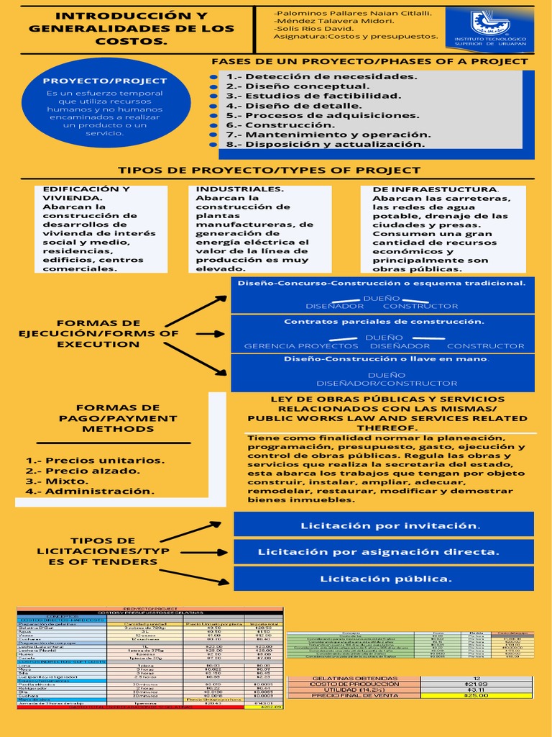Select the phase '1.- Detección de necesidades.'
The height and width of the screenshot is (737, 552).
(321, 76)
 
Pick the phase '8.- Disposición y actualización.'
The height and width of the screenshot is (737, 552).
(326, 144)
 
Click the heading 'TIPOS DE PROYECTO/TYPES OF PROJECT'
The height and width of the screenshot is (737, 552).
(269, 171)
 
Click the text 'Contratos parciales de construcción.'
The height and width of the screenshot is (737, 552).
(384, 322)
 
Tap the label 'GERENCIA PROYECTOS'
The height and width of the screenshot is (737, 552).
(291, 346)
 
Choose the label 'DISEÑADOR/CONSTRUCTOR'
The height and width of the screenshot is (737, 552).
(387, 384)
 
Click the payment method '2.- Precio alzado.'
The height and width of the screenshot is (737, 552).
(83, 471)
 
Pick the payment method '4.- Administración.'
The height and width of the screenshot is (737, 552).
(91, 491)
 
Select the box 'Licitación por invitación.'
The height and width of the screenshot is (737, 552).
(383, 525)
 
